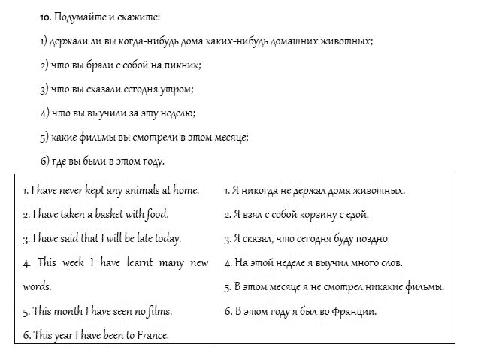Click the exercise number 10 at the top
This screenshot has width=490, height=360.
pyautogui.click(x=45, y=16)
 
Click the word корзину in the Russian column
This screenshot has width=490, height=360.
pyautogui.click(x=316, y=215)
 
